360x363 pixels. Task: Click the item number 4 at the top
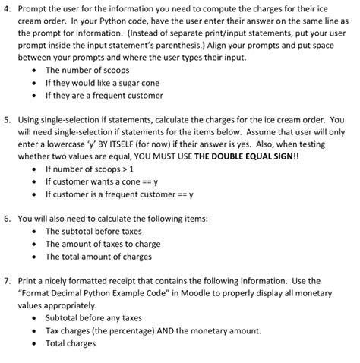[x=7, y=9]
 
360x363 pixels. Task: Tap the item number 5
[x=7, y=119]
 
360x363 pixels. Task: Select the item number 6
[x=7, y=217]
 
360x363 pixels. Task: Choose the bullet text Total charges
[x=70, y=343]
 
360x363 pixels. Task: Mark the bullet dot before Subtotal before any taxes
[x=34, y=317]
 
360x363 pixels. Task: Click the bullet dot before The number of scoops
[x=34, y=69]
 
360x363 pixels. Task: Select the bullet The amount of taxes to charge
[x=99, y=243]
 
